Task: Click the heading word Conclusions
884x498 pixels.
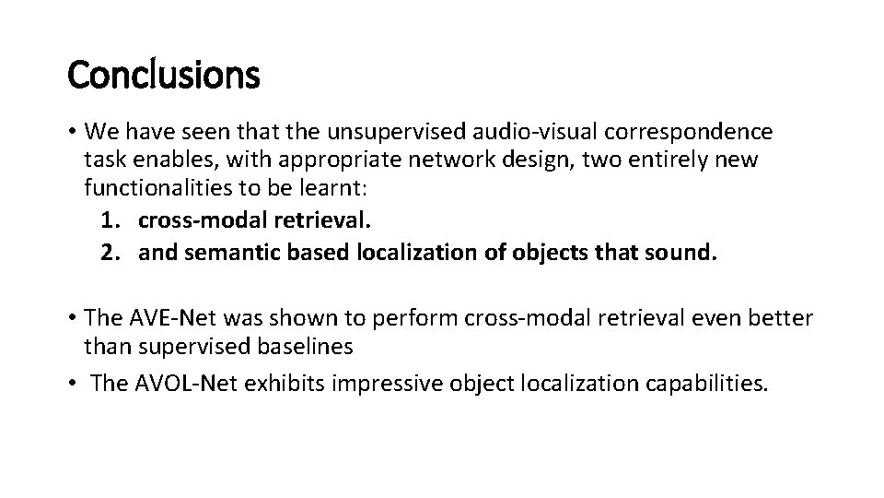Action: click(x=164, y=76)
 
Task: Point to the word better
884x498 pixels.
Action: click(x=781, y=318)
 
